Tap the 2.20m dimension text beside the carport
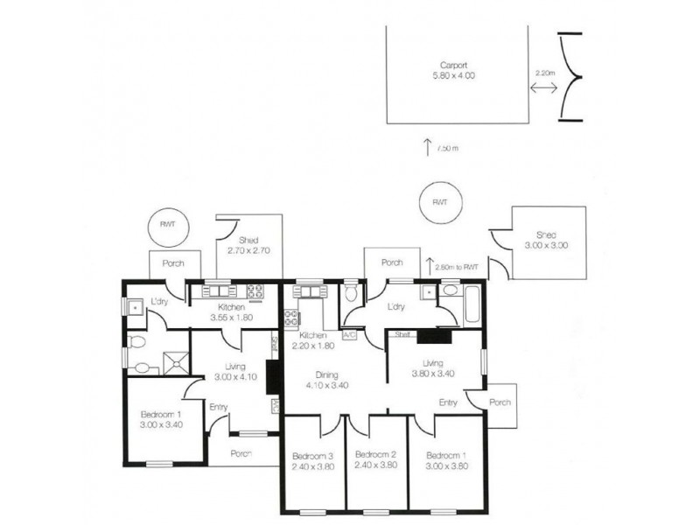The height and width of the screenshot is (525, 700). pyautogui.click(x=543, y=75)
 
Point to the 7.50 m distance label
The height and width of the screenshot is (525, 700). pyautogui.click(x=448, y=148)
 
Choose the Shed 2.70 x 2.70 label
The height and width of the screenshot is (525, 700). pyautogui.click(x=248, y=245)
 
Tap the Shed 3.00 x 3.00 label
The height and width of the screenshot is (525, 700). pyautogui.click(x=547, y=241)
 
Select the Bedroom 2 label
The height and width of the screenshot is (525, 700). pyautogui.click(x=377, y=460)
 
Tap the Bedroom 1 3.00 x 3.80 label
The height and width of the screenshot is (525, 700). pyautogui.click(x=446, y=460)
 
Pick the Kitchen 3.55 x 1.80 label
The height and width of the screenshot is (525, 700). pyautogui.click(x=231, y=313)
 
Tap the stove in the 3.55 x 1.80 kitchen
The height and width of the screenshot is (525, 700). pyautogui.click(x=256, y=292)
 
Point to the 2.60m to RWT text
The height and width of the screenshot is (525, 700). pyautogui.click(x=457, y=267)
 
